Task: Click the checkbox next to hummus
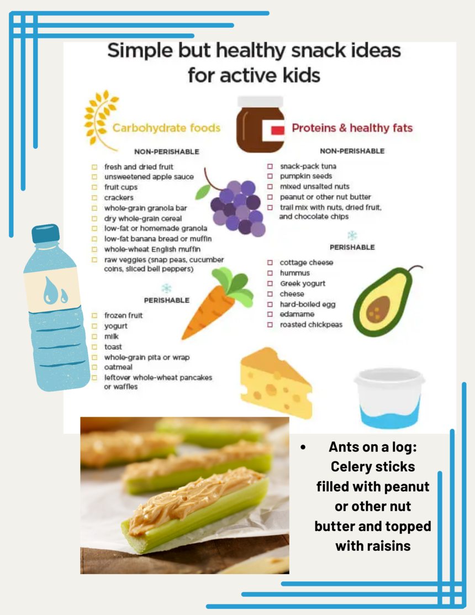[270, 273]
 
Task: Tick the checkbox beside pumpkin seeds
[270, 176]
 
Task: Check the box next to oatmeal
[94, 367]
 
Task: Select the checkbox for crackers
[94, 198]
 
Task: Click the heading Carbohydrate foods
[167, 128]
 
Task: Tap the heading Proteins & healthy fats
[352, 128]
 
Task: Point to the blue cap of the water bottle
[45, 233]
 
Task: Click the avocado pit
[378, 309]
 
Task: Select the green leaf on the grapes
[203, 192]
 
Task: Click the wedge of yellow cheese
[277, 383]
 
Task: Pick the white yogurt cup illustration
[389, 398]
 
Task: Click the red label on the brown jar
[277, 130]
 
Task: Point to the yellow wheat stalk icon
[101, 120]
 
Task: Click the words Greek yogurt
[303, 283]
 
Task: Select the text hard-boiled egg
[308, 304]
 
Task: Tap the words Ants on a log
[372, 446]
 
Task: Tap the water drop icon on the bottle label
[55, 291]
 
